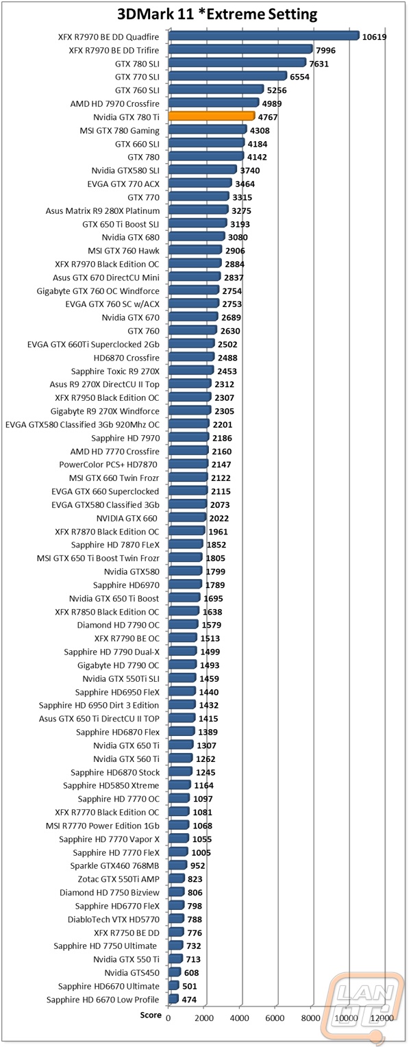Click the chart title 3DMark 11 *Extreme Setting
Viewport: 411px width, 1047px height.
(217, 14)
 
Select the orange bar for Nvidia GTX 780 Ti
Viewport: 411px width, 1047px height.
(212, 116)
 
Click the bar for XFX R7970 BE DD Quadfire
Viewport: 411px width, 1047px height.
(264, 36)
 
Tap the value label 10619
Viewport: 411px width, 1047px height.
(374, 37)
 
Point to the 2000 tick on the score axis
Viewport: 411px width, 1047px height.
(204, 1018)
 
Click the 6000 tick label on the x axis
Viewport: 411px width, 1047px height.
(275, 1018)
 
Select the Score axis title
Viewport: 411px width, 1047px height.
(151, 1015)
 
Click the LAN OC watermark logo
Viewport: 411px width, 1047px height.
(362, 1008)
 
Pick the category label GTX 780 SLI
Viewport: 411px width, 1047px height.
(137, 64)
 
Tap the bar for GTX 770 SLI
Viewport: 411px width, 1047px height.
(227, 76)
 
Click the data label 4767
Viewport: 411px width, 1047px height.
(268, 117)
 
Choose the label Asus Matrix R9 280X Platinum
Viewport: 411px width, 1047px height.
(102, 211)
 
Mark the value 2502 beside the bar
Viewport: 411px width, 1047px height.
(227, 345)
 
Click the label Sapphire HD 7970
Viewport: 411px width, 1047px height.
(125, 438)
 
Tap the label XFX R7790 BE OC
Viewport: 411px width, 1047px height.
(127, 639)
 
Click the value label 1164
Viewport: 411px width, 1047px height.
(203, 786)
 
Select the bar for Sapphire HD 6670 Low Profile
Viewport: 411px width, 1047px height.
(173, 999)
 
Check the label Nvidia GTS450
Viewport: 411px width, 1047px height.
(132, 973)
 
